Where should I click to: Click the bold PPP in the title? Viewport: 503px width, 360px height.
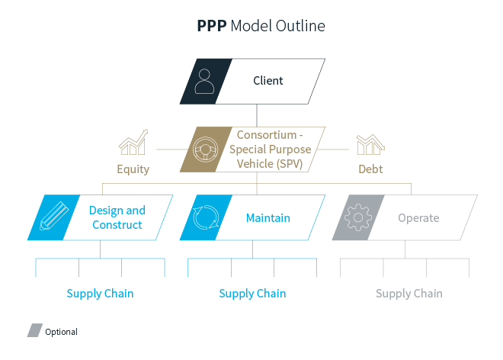click(x=211, y=26)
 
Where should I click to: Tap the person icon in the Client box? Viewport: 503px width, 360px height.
click(x=204, y=81)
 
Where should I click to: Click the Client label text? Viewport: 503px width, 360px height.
click(x=268, y=81)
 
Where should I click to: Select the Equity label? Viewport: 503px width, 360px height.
click(x=133, y=169)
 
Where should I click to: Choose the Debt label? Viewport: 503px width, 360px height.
click(x=370, y=169)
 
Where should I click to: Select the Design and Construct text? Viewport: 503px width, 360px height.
click(x=117, y=217)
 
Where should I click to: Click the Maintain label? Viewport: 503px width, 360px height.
click(x=268, y=218)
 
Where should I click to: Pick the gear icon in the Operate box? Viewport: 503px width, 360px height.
click(x=357, y=217)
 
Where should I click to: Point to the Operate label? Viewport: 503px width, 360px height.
click(x=418, y=218)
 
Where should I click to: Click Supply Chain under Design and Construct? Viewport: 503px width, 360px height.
click(x=100, y=294)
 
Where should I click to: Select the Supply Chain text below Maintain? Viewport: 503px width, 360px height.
click(x=252, y=294)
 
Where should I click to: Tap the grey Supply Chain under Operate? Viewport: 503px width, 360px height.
click(x=408, y=294)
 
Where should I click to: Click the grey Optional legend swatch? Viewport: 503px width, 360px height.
click(x=34, y=331)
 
